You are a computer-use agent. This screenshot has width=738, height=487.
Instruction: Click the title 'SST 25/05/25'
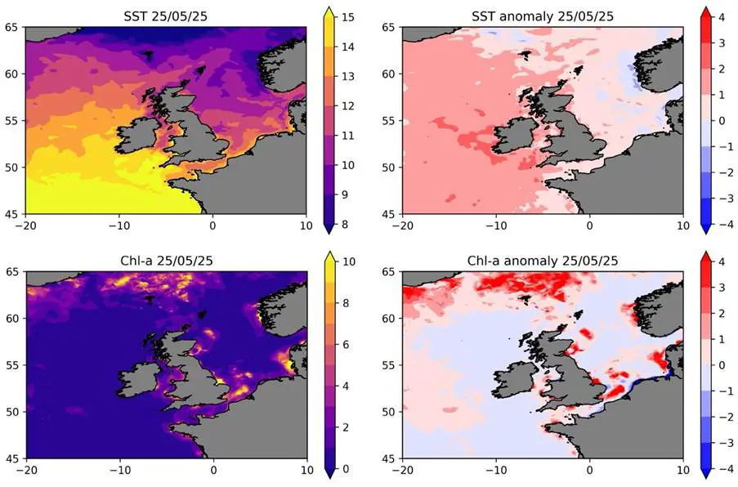pyautogui.click(x=166, y=16)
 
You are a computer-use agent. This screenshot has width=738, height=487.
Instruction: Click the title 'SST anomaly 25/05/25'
pyautogui.click(x=543, y=16)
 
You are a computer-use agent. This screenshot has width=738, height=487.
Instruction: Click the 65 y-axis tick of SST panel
pyautogui.click(x=13, y=27)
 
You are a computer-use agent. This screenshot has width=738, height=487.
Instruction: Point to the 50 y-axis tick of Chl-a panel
pyautogui.click(x=13, y=413)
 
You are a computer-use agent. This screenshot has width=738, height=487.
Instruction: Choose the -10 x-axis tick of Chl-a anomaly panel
pyautogui.click(x=496, y=471)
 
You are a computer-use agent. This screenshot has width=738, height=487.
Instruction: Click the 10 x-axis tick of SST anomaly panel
pyautogui.click(x=682, y=226)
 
